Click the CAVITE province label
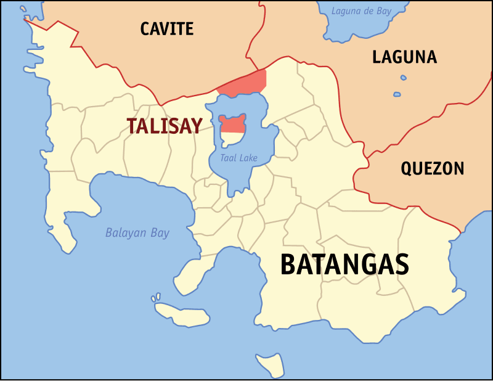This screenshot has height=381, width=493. click(x=166, y=28)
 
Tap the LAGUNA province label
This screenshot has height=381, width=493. click(x=404, y=57)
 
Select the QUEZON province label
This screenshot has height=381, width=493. click(x=432, y=168)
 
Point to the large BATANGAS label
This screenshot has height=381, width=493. click(x=344, y=264)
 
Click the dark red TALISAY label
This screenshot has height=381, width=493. click(x=165, y=126)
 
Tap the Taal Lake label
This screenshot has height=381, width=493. click(x=239, y=158)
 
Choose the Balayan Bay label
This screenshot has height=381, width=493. click(x=137, y=233)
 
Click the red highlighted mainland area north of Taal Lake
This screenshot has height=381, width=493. click(x=244, y=83)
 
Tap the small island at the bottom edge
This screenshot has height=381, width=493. click(x=270, y=364)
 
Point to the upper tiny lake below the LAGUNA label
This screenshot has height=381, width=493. click(x=403, y=78)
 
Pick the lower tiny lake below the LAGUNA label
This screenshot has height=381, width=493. click(x=397, y=94)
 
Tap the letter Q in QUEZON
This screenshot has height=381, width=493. click(x=407, y=169)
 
